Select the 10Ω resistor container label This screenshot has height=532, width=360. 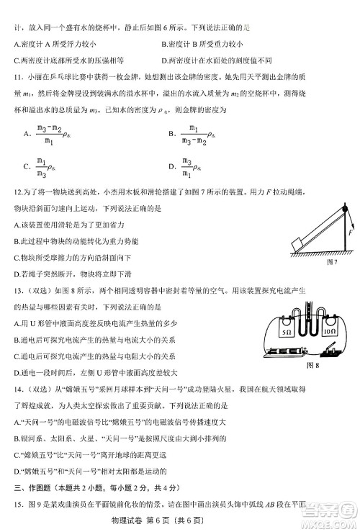pyautogui.click(x=331, y=333)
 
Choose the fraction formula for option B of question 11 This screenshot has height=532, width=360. pyautogui.click(x=195, y=134)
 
